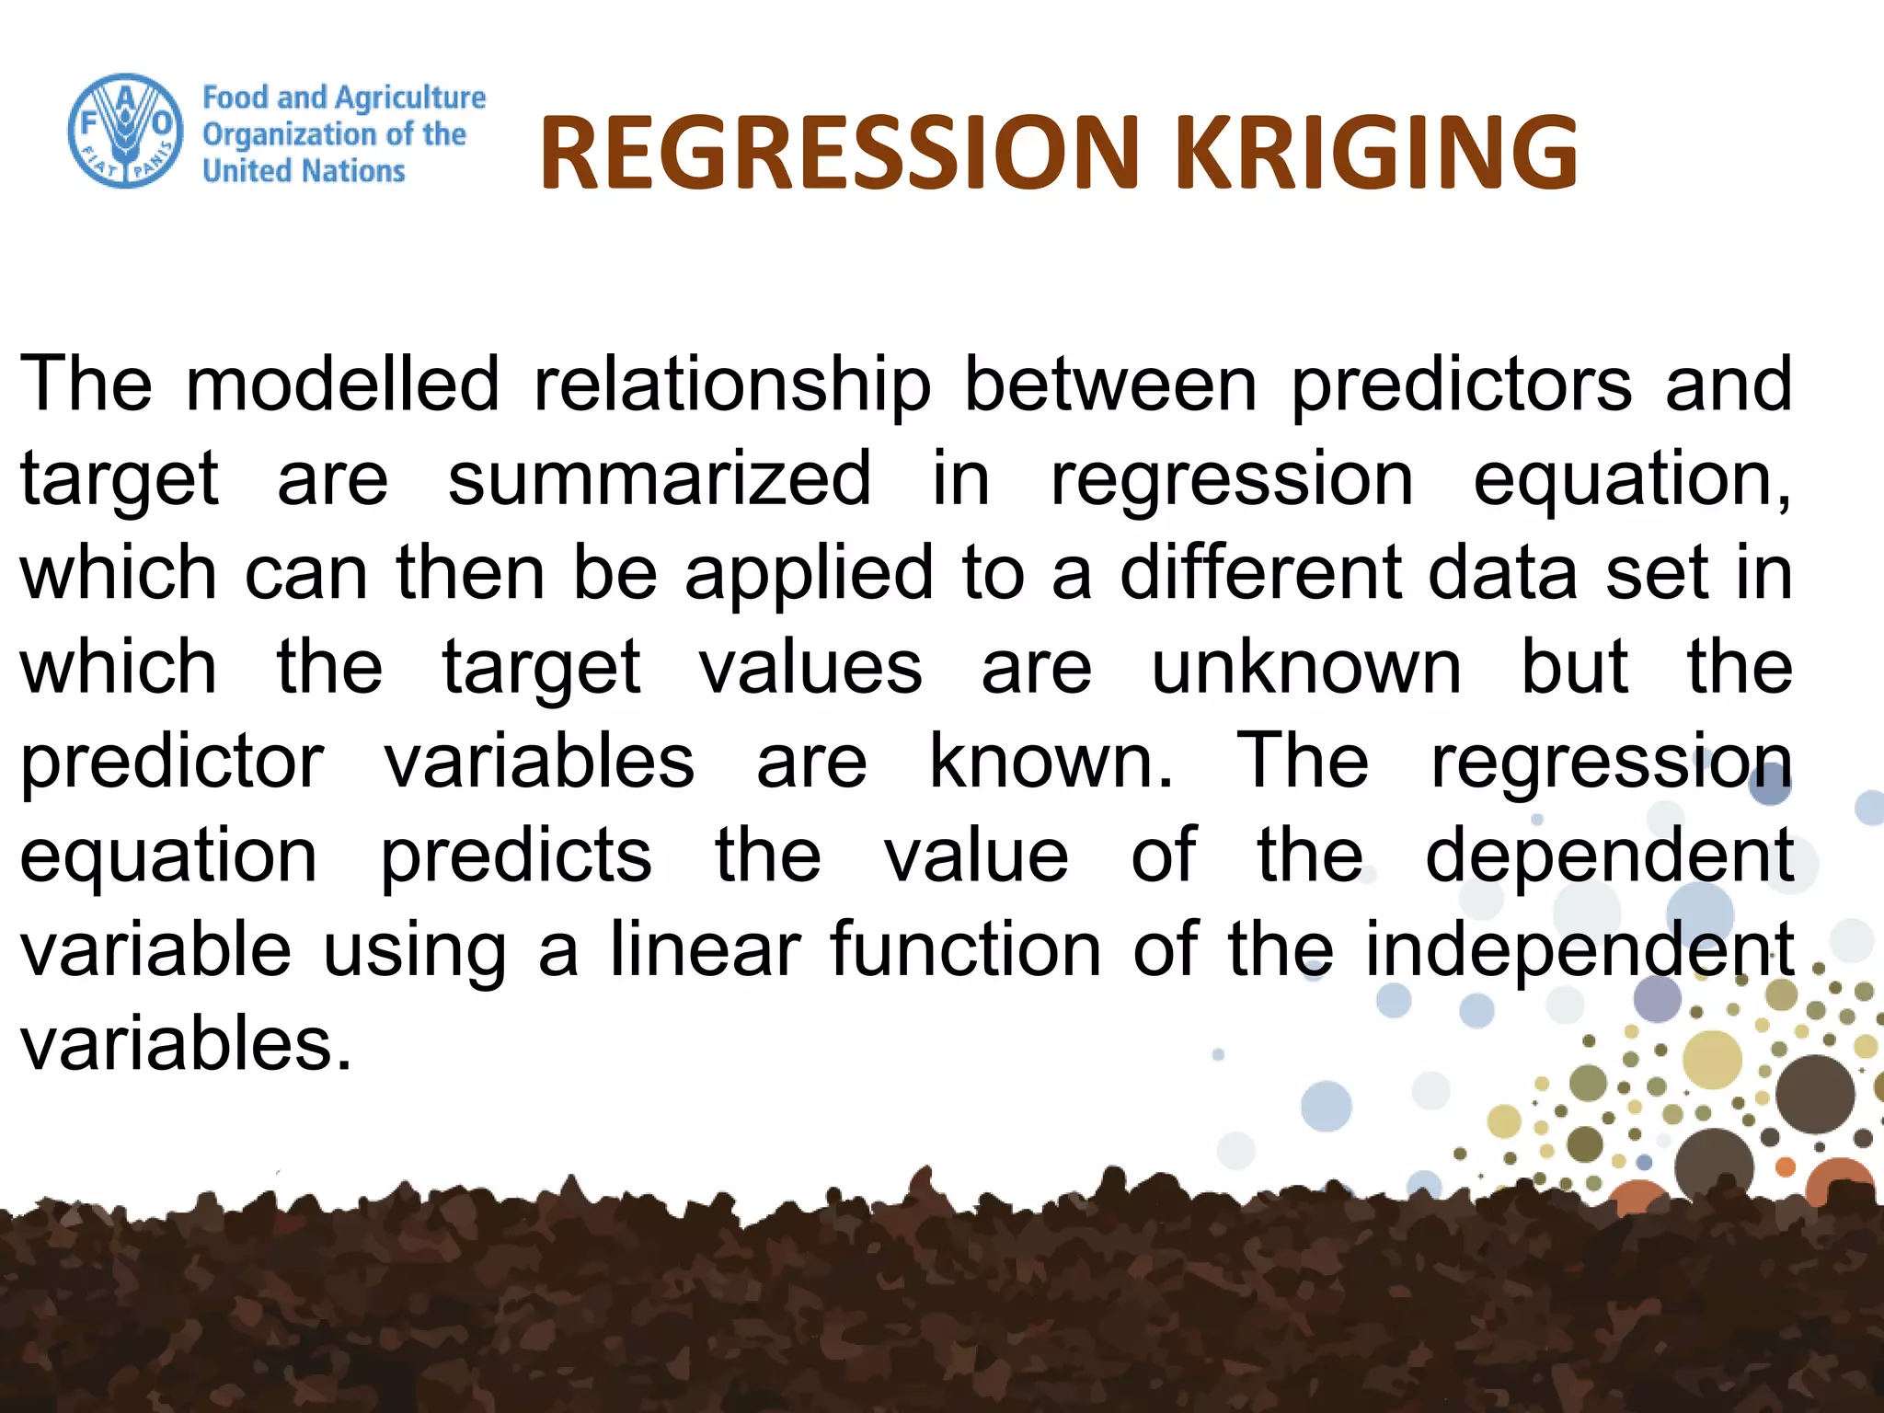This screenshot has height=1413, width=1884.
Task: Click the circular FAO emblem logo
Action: coord(126,131)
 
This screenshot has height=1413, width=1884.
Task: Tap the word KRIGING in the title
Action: coord(1376,154)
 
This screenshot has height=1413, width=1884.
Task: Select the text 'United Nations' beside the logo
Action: coord(304,171)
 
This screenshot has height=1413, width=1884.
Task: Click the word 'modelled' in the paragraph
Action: coord(342,384)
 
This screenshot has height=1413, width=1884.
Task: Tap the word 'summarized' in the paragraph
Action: coord(659,478)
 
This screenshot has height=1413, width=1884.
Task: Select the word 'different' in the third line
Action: coord(1260,572)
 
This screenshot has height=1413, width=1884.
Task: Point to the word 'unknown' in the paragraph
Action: coord(1306,667)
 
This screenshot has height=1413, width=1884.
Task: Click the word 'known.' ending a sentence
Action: coord(1051,762)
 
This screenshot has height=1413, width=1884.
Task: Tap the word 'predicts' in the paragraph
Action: coord(517,856)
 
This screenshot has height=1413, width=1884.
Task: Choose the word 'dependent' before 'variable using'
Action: coord(1609,855)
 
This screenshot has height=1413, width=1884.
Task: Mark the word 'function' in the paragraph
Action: coord(965,949)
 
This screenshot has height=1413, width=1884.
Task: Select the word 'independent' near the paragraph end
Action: coord(1579,951)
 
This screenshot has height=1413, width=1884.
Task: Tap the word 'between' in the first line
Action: coord(1110,384)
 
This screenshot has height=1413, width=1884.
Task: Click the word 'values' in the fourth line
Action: coord(810,667)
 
